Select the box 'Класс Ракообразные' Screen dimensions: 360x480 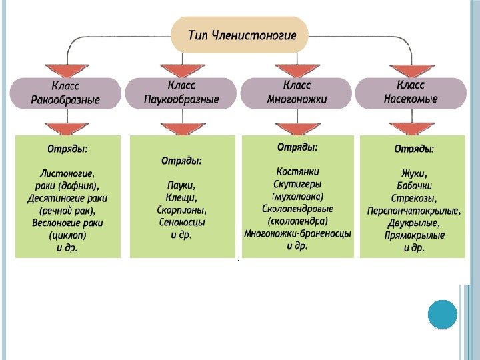65,93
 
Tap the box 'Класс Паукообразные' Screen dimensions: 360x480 181,93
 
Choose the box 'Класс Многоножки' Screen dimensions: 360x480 297,93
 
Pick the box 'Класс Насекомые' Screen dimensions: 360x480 411,93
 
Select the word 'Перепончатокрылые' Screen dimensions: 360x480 413,211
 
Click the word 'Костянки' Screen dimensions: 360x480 297,171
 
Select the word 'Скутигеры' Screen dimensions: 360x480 297,184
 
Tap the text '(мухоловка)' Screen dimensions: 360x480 297,197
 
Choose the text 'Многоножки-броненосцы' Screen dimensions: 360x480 297,234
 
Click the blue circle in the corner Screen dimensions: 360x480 441,315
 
